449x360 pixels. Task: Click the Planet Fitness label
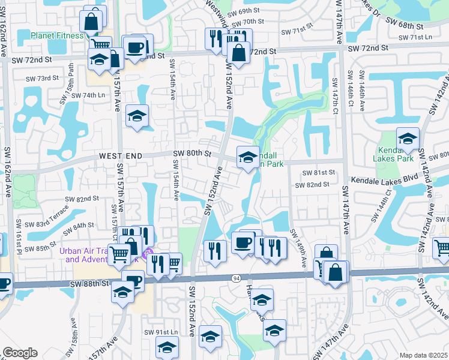pos(58,35)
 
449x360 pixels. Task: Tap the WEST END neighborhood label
pos(121,156)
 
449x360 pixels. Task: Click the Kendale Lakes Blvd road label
pos(384,179)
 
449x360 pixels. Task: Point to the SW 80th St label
pos(193,154)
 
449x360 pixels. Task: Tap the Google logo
pos(20,352)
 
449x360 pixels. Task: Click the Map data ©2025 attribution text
pos(423,355)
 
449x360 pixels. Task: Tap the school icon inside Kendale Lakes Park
pos(408,139)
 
